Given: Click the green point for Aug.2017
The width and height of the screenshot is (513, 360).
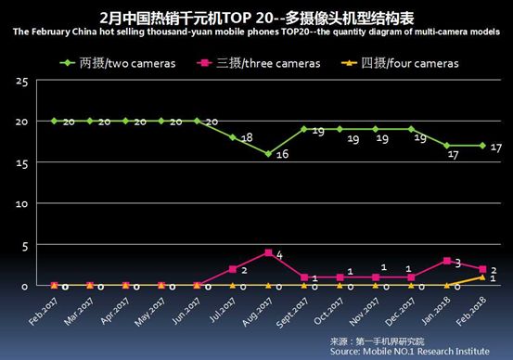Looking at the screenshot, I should pos(268,154).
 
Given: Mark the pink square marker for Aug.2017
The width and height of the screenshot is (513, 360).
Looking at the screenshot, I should pos(268,252).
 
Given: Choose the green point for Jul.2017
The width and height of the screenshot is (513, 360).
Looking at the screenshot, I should pos(232,137).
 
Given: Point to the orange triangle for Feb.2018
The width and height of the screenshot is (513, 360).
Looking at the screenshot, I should pos(481,276).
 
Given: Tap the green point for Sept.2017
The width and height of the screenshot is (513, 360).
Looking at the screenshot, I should pos(303,129).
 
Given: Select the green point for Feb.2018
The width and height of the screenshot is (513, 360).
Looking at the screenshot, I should pos(481,146).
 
